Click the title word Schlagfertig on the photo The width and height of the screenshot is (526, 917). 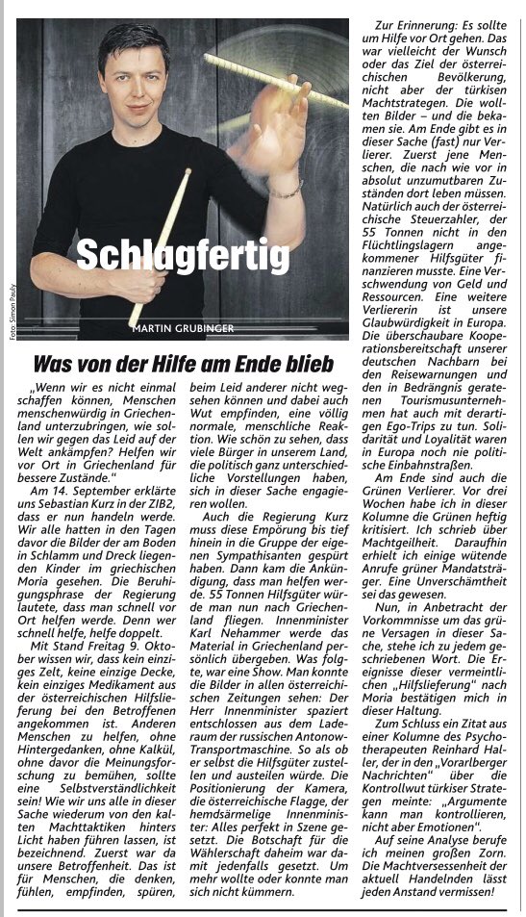tap(182, 255)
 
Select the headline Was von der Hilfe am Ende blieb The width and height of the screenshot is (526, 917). tap(183, 365)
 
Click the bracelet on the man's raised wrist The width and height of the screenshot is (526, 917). tap(287, 189)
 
